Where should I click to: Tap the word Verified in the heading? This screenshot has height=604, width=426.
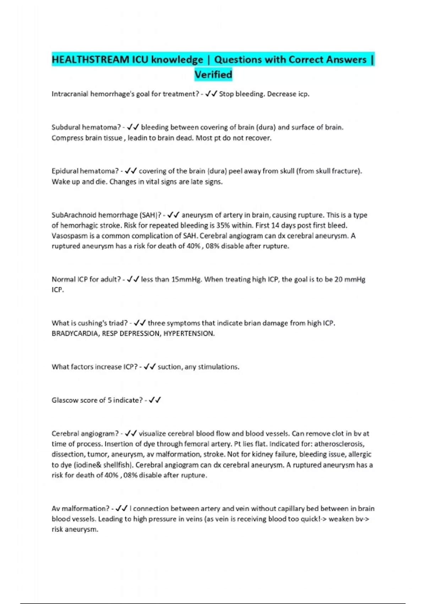point(213,75)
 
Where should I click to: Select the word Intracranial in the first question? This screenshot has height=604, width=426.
point(70,94)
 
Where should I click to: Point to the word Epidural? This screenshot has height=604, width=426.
point(65,171)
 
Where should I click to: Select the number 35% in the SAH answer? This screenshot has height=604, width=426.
point(223,225)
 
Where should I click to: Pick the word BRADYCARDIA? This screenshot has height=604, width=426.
point(75,334)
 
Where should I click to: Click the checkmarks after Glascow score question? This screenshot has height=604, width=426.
point(155,400)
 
